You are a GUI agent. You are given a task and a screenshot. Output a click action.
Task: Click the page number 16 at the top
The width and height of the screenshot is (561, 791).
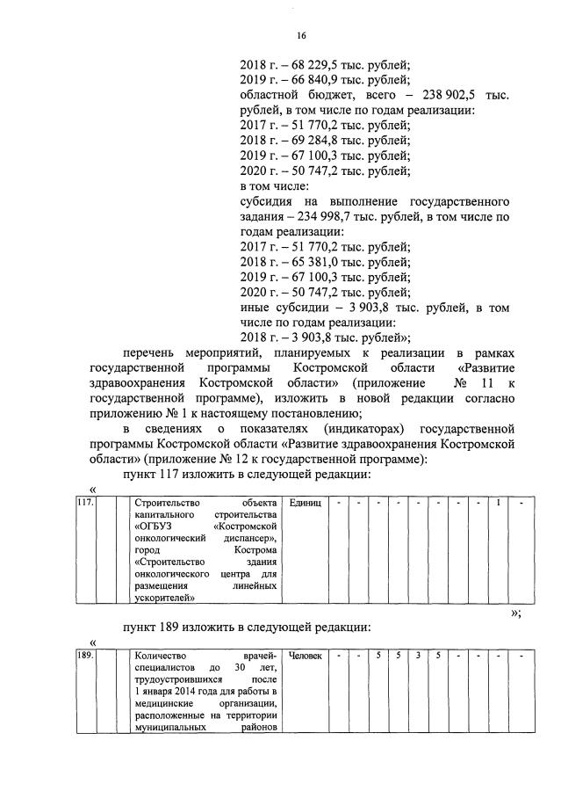click(300, 35)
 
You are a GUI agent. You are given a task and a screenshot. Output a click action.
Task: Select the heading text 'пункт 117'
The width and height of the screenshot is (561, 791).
click(154, 475)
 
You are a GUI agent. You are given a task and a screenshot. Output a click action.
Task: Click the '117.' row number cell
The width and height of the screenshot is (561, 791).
click(85, 503)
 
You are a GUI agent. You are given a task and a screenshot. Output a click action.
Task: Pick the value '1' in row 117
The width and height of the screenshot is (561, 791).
click(499, 503)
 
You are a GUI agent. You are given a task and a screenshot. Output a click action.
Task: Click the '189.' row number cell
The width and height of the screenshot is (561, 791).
click(85, 656)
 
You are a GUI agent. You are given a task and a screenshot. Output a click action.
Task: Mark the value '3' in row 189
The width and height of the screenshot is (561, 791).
click(418, 656)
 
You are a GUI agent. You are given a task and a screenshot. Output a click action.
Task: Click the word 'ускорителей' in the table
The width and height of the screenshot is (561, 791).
click(164, 598)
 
